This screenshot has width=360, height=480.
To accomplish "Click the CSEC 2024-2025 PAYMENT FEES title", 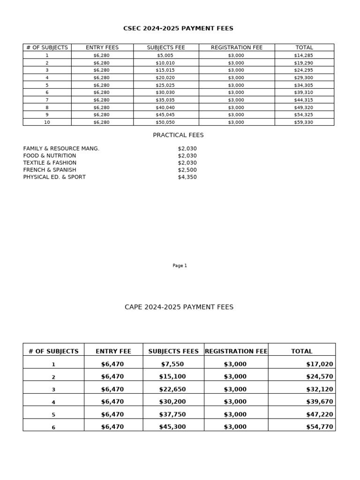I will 178,29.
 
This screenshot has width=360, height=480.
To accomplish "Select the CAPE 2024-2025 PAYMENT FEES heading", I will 179,307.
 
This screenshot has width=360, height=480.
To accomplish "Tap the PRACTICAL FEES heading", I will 178,135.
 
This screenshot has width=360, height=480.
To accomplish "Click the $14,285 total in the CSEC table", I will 303,55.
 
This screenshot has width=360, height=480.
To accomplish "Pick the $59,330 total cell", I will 303,122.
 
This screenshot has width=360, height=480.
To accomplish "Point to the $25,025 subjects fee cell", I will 165,85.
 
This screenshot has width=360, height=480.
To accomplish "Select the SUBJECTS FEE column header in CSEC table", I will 166,48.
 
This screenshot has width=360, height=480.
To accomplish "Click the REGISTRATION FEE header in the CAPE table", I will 236,351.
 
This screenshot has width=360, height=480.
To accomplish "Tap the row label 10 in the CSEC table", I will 47,122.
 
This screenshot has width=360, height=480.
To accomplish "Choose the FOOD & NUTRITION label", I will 50,156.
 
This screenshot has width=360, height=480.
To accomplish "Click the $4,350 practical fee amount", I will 187,177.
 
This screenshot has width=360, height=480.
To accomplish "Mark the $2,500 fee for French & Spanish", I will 187,170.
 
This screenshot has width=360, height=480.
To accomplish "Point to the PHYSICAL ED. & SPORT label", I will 54,177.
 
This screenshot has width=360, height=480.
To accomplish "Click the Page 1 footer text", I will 180,266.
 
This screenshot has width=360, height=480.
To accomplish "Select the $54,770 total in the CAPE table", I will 319,427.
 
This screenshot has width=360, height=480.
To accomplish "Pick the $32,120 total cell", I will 319,390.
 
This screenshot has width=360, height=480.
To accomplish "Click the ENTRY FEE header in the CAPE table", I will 113,351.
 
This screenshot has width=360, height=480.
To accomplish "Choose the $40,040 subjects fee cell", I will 165,107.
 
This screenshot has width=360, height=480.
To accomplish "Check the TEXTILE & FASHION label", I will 50,163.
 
